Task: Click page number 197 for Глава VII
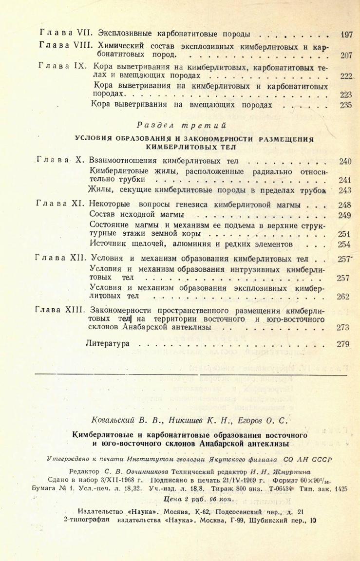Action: point(346,35)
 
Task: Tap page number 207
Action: point(346,55)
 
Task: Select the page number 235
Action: point(346,105)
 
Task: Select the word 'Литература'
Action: point(107,344)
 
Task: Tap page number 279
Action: point(343,344)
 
